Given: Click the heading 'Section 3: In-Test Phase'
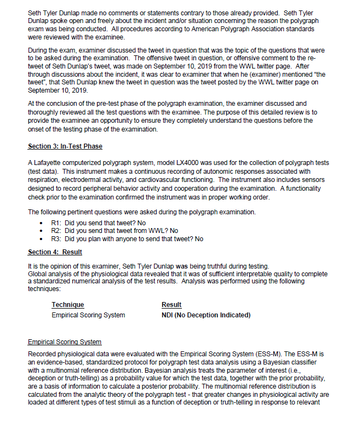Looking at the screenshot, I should (x=65, y=146).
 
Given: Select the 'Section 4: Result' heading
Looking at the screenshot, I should (x=55, y=252).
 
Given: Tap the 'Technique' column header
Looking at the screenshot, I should (x=68, y=305).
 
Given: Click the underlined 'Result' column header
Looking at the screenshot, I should (x=172, y=305).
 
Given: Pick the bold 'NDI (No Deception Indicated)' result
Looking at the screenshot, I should (x=206, y=315).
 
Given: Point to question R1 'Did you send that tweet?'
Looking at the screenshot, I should (x=98, y=223).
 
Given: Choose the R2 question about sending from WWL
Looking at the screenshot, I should (x=115, y=231).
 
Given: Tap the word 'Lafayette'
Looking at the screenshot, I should (x=47, y=163).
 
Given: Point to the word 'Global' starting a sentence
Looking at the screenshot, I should (x=38, y=274).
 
